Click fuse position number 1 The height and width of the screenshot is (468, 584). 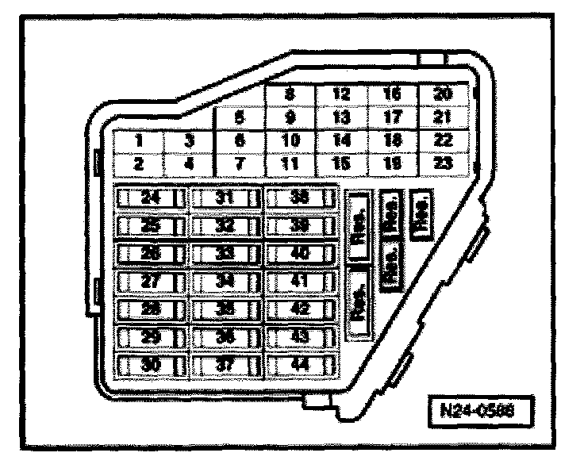(x=138, y=141)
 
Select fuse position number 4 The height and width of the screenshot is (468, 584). (x=189, y=165)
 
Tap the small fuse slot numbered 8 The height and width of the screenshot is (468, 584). (x=290, y=94)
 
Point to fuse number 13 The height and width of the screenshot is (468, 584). (x=341, y=117)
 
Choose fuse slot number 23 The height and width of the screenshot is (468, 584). (x=443, y=165)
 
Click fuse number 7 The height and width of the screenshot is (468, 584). (x=240, y=165)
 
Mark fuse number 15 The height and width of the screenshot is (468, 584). (x=341, y=165)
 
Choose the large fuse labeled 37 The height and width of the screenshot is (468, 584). (x=226, y=366)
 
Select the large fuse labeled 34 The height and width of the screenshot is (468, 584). (x=226, y=282)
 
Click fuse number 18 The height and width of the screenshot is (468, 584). (x=392, y=141)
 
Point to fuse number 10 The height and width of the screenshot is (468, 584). (x=290, y=141)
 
